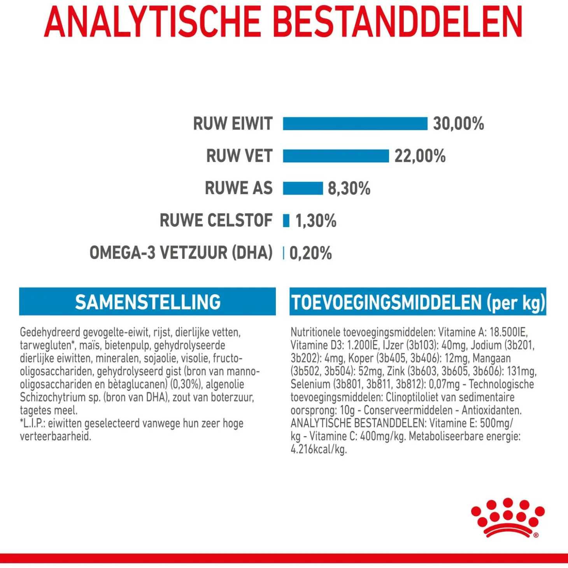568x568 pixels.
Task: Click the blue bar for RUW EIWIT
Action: (355, 124)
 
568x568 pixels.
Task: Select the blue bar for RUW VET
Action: (336, 156)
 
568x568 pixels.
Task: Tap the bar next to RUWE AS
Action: (303, 188)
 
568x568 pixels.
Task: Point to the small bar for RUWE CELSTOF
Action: (286, 221)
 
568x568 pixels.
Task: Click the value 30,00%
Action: (458, 124)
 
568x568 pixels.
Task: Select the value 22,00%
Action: (420, 156)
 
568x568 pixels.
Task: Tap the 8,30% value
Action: (349, 188)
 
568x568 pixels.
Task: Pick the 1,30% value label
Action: (316, 221)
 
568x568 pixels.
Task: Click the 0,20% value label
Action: (310, 253)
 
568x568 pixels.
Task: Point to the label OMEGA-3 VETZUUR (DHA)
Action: (181, 253)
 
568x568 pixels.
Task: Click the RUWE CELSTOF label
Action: (216, 221)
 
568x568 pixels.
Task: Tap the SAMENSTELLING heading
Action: (147, 302)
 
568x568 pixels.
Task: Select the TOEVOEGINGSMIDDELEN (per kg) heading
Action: (418, 302)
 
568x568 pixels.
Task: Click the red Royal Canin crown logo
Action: (507, 517)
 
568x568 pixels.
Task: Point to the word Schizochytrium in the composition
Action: (46, 398)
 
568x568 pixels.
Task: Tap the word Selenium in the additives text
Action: (310, 384)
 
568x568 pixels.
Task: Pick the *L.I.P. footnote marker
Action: (33, 424)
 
